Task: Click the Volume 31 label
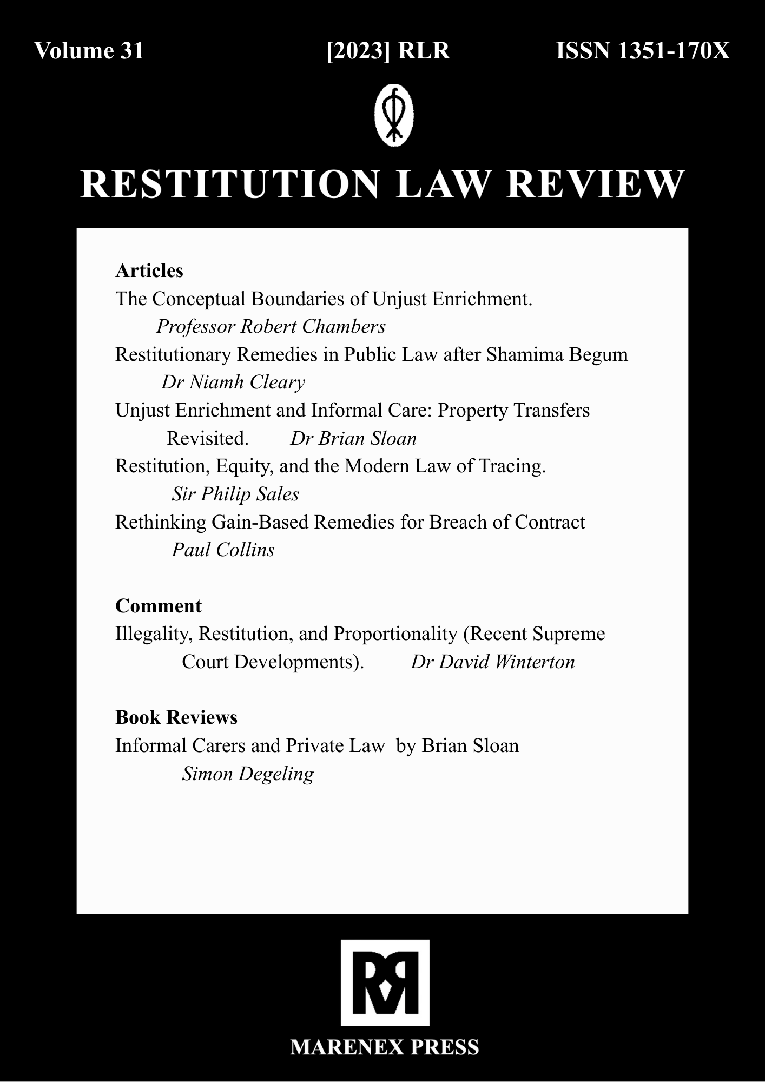[x=89, y=51]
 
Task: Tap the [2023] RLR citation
[x=388, y=51]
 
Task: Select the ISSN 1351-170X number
[x=643, y=51]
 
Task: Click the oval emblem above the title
[x=394, y=115]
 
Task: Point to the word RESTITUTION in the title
[x=230, y=184]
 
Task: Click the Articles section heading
[x=149, y=270]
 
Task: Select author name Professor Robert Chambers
[x=271, y=326]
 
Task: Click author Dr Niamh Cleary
[x=233, y=382]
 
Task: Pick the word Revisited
[x=207, y=438]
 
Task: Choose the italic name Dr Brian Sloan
[x=353, y=438]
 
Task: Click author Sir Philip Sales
[x=235, y=494]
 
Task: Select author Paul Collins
[x=223, y=550]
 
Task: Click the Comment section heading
[x=158, y=606]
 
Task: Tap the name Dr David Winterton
[x=492, y=662]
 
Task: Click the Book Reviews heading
[x=176, y=717]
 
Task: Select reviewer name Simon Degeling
[x=248, y=774]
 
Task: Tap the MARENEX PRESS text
[x=385, y=1047]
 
